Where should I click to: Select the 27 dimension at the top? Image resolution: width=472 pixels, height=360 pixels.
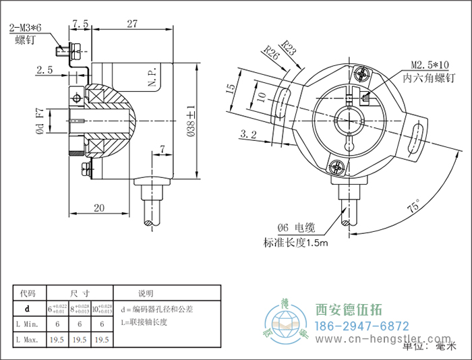click(132, 23)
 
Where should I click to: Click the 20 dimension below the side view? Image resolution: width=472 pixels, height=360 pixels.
click(99, 208)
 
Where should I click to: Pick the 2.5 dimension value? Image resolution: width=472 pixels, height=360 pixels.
click(45, 69)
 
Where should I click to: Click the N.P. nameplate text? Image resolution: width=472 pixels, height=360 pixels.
click(152, 80)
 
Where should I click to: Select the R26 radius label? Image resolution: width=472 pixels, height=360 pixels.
click(272, 53)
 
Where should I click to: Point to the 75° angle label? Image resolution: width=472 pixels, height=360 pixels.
click(411, 205)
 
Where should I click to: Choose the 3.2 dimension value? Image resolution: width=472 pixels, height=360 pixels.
click(248, 134)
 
